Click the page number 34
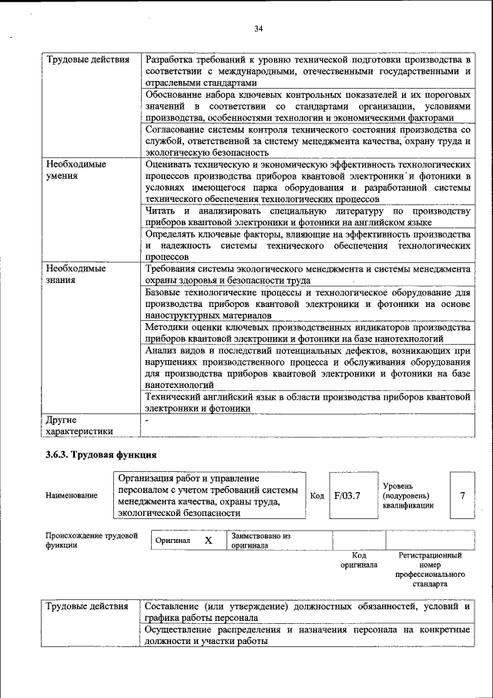point(259,29)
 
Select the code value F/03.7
point(347,495)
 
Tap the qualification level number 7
point(462,495)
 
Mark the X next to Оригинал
point(208,541)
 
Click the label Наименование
point(72,495)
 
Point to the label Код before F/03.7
point(317,495)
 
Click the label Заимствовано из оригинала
point(260,540)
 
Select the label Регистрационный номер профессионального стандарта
point(430,569)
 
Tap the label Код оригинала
point(358,560)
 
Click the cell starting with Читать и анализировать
point(307,217)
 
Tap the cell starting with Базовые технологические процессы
point(307,304)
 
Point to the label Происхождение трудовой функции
point(91,540)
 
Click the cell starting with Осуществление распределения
point(307,636)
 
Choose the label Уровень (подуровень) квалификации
point(408,495)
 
